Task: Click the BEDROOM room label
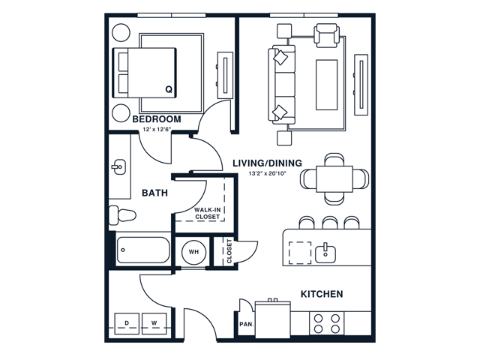click(x=157, y=118)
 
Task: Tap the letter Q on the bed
click(x=169, y=89)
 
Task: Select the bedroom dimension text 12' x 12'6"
click(x=157, y=130)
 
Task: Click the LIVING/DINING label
click(x=267, y=163)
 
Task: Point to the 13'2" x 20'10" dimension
click(x=267, y=173)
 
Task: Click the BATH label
click(x=155, y=193)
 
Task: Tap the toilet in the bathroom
click(x=122, y=214)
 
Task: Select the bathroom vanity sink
click(x=118, y=166)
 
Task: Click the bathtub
click(x=143, y=250)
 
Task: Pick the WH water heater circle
click(x=193, y=252)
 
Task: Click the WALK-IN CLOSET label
click(x=208, y=213)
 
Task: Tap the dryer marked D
click(x=127, y=323)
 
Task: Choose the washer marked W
click(x=154, y=323)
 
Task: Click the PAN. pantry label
click(x=247, y=324)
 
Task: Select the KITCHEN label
click(x=322, y=294)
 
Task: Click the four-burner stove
click(x=327, y=323)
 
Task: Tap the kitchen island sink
click(x=325, y=253)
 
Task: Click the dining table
click(x=334, y=179)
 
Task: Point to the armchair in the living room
click(x=326, y=35)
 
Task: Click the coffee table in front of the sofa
click(x=327, y=85)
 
